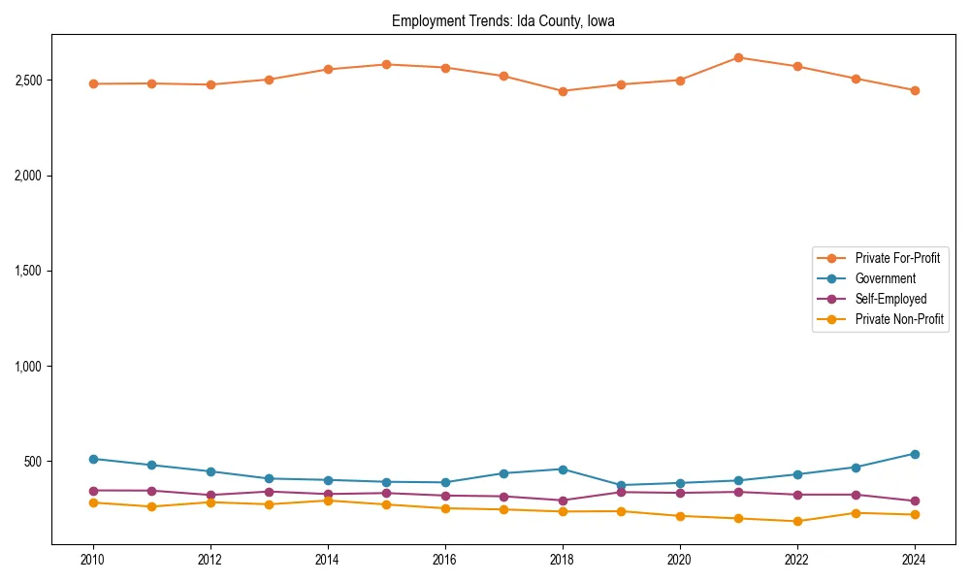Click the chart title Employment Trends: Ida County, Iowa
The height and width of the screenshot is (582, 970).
tap(502, 20)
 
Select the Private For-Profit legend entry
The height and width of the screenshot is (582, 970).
tap(897, 258)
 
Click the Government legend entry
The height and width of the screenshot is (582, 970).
tap(885, 278)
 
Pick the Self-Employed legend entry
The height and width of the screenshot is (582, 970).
tap(890, 299)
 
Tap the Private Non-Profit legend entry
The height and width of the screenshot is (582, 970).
tap(899, 319)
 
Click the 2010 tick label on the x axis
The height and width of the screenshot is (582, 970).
tap(93, 560)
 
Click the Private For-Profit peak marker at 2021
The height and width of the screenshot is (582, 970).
tap(738, 58)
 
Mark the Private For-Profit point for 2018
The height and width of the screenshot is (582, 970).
tap(563, 91)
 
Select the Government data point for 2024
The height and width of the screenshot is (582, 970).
tap(915, 454)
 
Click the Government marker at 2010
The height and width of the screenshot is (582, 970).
tap(93, 459)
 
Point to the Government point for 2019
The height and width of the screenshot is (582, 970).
tap(621, 485)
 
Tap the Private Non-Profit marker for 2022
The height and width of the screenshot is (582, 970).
tap(797, 521)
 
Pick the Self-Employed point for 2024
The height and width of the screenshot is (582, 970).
tap(915, 501)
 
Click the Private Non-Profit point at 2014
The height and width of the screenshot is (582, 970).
tap(328, 501)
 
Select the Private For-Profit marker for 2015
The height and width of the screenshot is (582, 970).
tap(386, 65)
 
